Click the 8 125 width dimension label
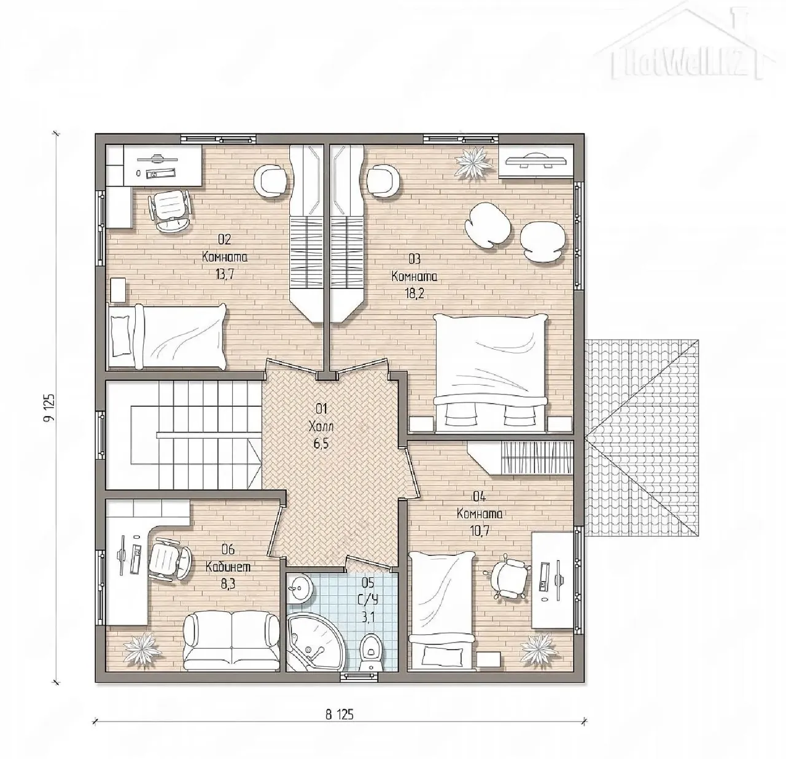pos(340,714)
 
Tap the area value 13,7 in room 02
pos(225,275)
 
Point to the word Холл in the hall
pos(321,426)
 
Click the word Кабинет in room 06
pos(228,566)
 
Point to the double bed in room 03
pos(491,373)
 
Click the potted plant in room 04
pos(537,650)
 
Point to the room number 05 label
pos(368,583)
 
